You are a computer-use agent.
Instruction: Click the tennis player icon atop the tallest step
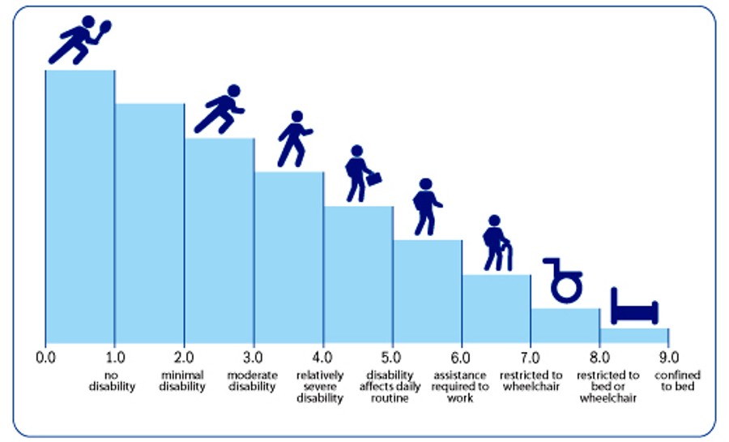(78, 41)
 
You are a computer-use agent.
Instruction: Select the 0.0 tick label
(45, 356)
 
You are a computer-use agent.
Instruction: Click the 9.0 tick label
(669, 356)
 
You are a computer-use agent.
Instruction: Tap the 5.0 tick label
(392, 356)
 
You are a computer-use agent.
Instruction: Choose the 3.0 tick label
(254, 356)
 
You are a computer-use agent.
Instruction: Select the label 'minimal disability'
(182, 381)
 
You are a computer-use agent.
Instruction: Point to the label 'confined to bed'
(678, 381)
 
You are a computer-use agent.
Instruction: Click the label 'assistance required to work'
(461, 387)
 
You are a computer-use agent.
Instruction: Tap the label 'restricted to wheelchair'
(531, 381)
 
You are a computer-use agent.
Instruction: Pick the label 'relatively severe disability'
(320, 387)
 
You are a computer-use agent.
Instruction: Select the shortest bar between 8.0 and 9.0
(634, 336)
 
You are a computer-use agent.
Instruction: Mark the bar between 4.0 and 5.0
(358, 276)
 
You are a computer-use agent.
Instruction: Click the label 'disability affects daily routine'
(390, 387)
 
